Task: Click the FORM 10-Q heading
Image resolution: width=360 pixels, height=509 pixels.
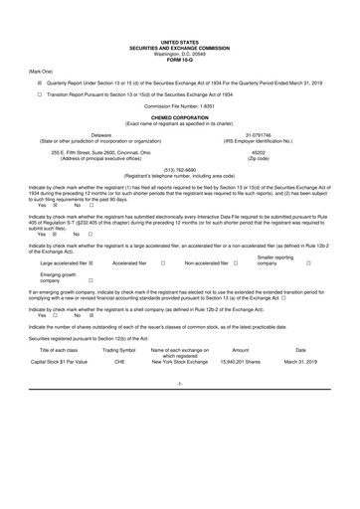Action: tap(179, 58)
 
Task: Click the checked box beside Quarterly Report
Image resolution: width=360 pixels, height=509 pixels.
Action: tap(41, 85)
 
